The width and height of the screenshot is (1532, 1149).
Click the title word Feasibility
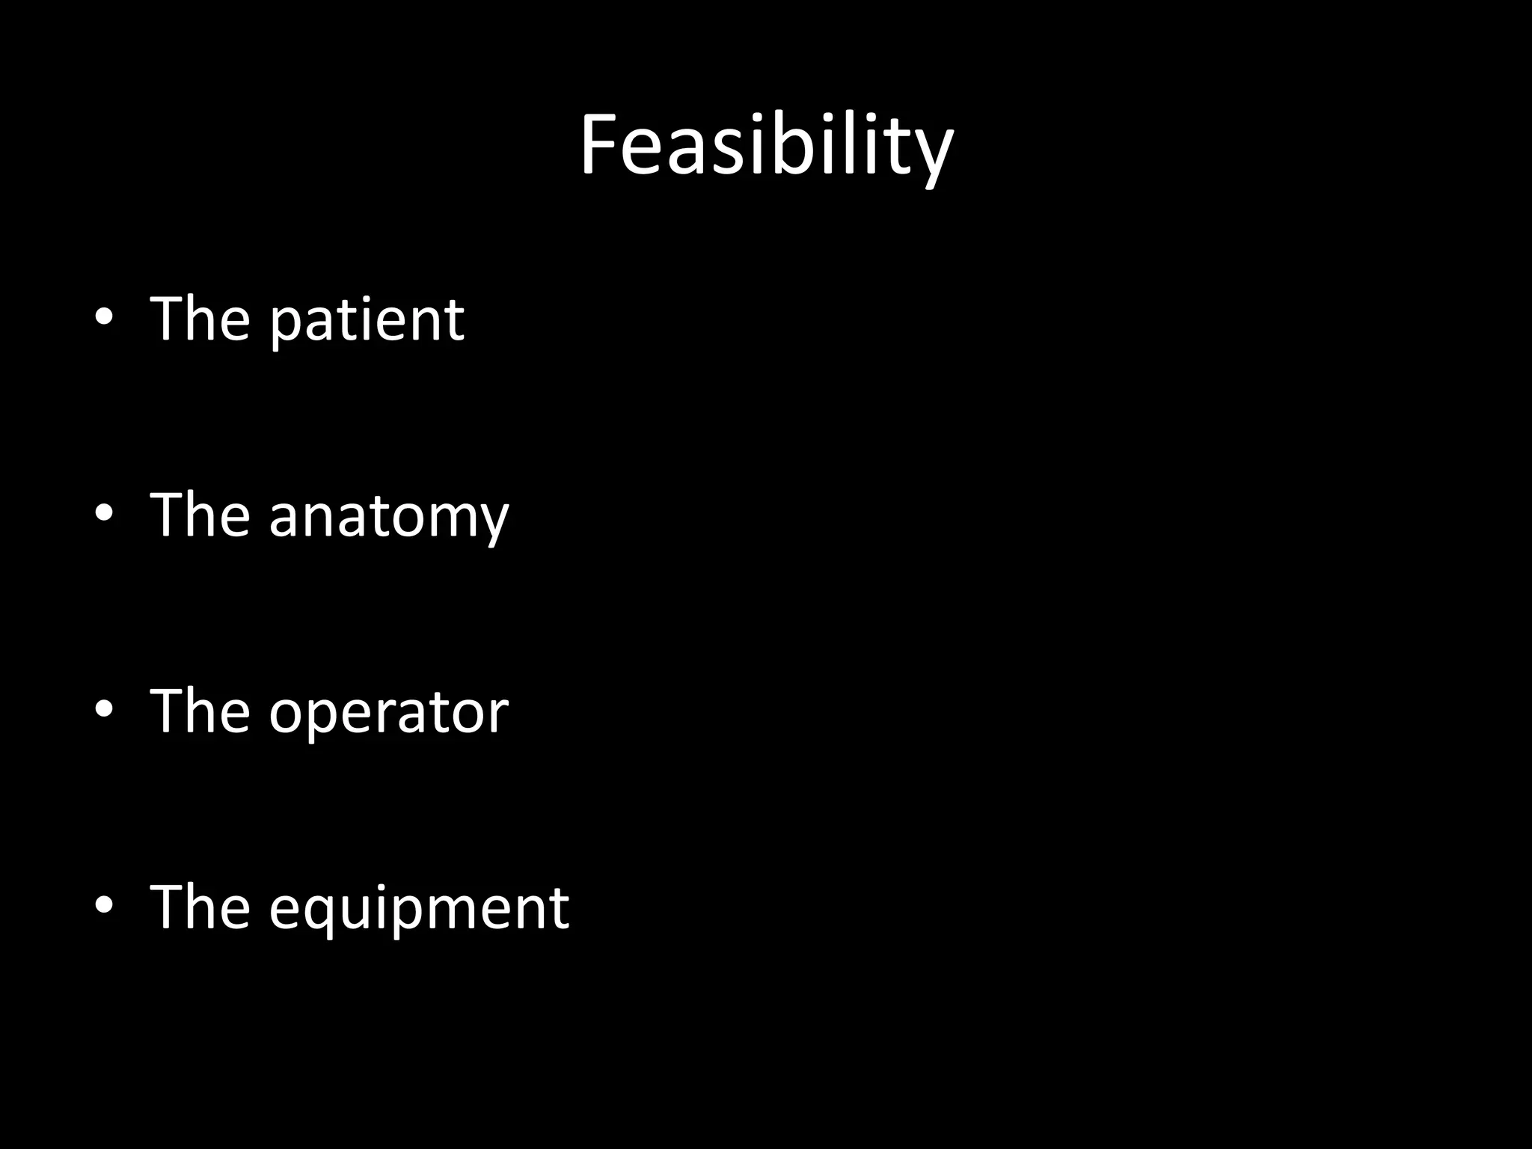766,146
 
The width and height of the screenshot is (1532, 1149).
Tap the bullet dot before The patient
104,317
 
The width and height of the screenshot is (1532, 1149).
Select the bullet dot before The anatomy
104,513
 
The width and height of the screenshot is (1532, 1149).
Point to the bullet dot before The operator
104,709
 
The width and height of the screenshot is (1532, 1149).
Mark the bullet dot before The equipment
104,905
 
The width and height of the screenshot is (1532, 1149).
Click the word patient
367,320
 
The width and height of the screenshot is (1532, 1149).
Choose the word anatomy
389,516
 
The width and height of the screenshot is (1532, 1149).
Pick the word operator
389,712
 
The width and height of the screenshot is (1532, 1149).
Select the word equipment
419,908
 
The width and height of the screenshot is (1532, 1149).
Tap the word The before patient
200,319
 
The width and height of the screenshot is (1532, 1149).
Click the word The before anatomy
200,515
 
